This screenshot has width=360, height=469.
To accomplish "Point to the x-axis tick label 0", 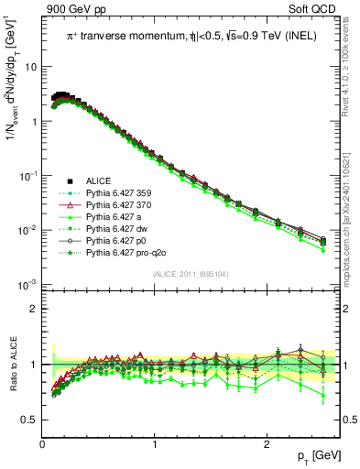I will coord(42,443).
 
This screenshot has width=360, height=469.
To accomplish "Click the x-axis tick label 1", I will coord(154,443).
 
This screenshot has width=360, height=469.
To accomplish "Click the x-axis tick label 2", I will coord(265,443).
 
